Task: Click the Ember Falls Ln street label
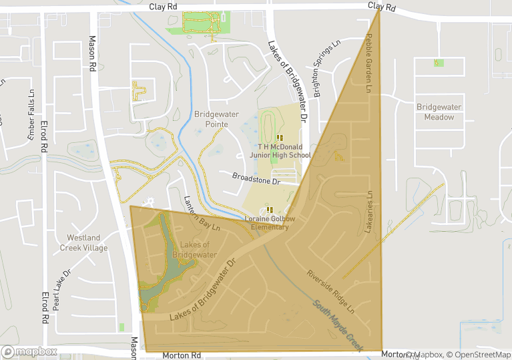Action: [x=30, y=114]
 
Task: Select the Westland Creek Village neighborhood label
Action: [x=83, y=242]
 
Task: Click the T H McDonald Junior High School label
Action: [x=284, y=150]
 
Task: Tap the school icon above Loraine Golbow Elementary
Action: [x=270, y=210]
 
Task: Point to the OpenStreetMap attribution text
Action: [x=479, y=354]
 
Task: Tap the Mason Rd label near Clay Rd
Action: [x=92, y=53]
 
